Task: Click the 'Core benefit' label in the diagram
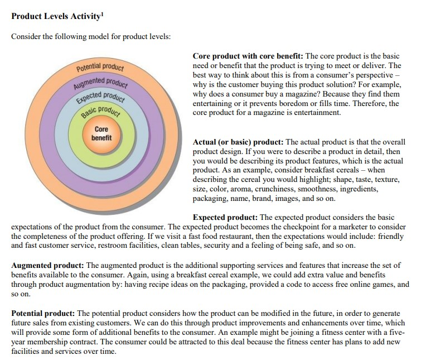click(x=101, y=133)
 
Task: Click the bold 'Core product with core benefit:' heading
click(x=248, y=56)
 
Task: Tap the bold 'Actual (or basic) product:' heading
click(x=238, y=142)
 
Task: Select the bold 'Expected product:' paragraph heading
click(x=225, y=218)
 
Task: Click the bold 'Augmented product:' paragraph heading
click(x=48, y=265)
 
